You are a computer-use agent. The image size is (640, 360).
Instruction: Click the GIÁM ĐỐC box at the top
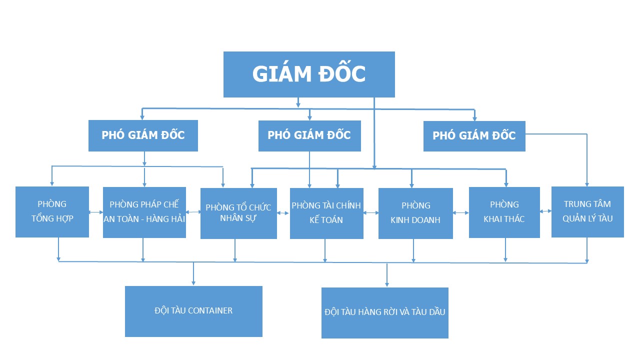pyautogui.click(x=309, y=74)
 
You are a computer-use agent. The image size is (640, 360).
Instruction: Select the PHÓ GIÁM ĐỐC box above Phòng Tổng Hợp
pyautogui.click(x=143, y=135)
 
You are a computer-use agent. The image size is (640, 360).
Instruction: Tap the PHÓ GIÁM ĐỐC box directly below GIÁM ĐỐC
pyautogui.click(x=309, y=135)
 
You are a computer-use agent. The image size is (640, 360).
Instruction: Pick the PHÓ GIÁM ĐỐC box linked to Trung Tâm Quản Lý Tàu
pyautogui.click(x=474, y=136)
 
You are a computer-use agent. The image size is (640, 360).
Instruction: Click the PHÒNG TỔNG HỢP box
pyautogui.click(x=52, y=211)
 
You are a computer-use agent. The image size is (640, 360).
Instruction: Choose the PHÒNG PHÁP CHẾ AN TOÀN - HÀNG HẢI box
pyautogui.click(x=144, y=212)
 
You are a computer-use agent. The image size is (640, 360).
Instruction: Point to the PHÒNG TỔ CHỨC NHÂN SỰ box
pyautogui.click(x=238, y=213)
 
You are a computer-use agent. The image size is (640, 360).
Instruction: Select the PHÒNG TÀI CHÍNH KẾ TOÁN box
pyautogui.click(x=326, y=213)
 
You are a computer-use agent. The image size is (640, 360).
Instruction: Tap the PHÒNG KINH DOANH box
pyautogui.click(x=415, y=213)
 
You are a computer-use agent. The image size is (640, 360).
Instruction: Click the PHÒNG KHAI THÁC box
pyautogui.click(x=504, y=212)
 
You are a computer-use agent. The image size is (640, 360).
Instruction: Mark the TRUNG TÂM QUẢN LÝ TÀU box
pyautogui.click(x=587, y=211)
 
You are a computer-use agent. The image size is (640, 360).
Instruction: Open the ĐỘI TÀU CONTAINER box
pyautogui.click(x=193, y=311)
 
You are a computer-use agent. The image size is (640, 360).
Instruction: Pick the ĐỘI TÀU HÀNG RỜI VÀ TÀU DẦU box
pyautogui.click(x=384, y=312)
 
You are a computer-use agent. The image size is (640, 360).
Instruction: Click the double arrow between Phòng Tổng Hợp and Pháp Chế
pyautogui.click(x=96, y=212)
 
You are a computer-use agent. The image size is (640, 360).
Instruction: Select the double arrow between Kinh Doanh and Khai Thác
pyautogui.click(x=461, y=212)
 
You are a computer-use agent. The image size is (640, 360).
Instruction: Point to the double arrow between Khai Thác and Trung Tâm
pyautogui.click(x=545, y=211)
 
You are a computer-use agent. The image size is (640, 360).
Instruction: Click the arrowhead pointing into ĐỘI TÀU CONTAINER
pyautogui.click(x=193, y=283)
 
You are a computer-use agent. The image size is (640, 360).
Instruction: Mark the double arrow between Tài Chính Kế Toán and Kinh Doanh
pyautogui.click(x=371, y=213)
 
